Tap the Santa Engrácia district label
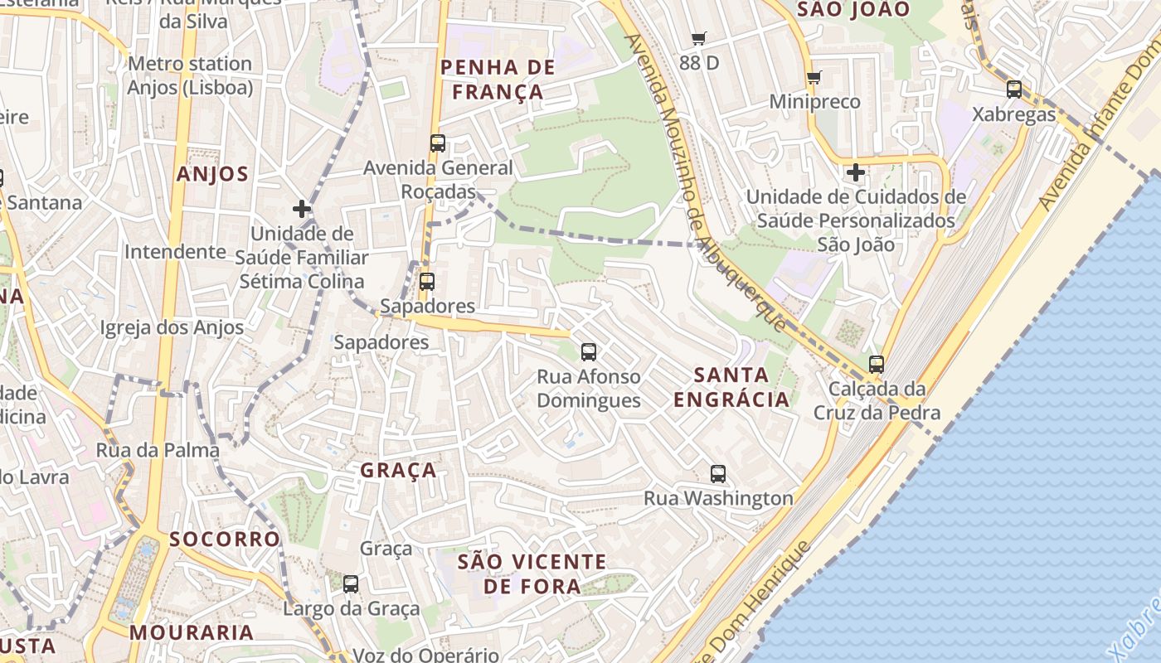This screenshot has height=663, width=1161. [x=731, y=387]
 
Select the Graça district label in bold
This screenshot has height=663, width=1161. [x=398, y=471]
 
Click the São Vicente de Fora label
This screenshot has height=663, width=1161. [x=532, y=573]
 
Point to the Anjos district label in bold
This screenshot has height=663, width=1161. [x=212, y=174]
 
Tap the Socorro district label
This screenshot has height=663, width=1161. [x=225, y=540]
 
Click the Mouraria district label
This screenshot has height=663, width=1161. [x=192, y=633]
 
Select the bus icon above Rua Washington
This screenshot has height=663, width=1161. [x=718, y=474]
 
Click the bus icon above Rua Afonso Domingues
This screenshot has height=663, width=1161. [x=589, y=352]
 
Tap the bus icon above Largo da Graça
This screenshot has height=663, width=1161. [x=351, y=584]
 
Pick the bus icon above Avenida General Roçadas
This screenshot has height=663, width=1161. [x=438, y=143]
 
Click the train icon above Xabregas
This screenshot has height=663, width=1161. [x=1013, y=90]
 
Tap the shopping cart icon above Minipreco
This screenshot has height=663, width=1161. [x=814, y=77]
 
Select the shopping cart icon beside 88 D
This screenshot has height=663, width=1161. [x=699, y=38]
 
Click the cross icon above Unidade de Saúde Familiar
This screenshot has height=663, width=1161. [x=302, y=209]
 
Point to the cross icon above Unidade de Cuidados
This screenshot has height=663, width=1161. [x=856, y=172]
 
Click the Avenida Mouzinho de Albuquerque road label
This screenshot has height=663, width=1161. [x=704, y=182]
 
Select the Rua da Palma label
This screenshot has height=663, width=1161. [x=158, y=451]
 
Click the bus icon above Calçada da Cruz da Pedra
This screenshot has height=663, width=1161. [x=877, y=364]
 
